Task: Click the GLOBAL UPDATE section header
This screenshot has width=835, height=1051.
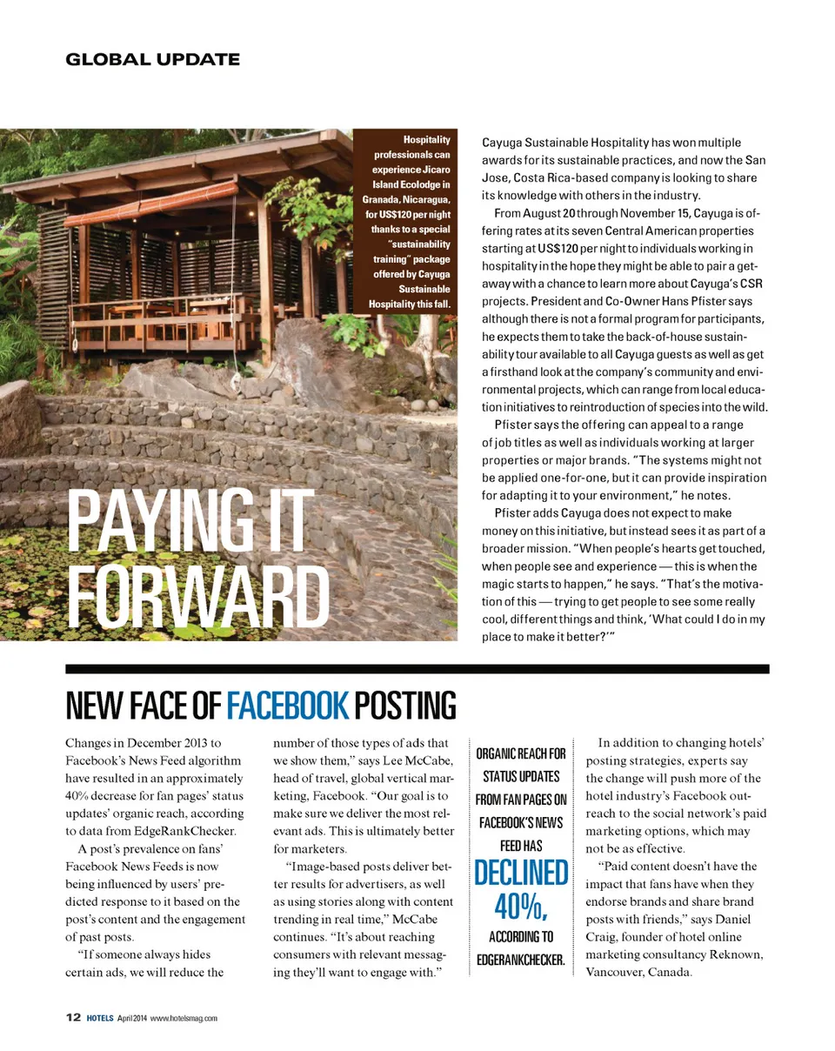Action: click(x=152, y=59)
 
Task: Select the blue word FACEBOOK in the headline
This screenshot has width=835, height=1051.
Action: click(x=287, y=706)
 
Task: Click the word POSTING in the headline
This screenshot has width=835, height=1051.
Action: click(x=407, y=706)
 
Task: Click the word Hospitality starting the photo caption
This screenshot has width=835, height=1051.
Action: click(x=426, y=139)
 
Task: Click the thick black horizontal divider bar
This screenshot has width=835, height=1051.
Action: click(x=417, y=669)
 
